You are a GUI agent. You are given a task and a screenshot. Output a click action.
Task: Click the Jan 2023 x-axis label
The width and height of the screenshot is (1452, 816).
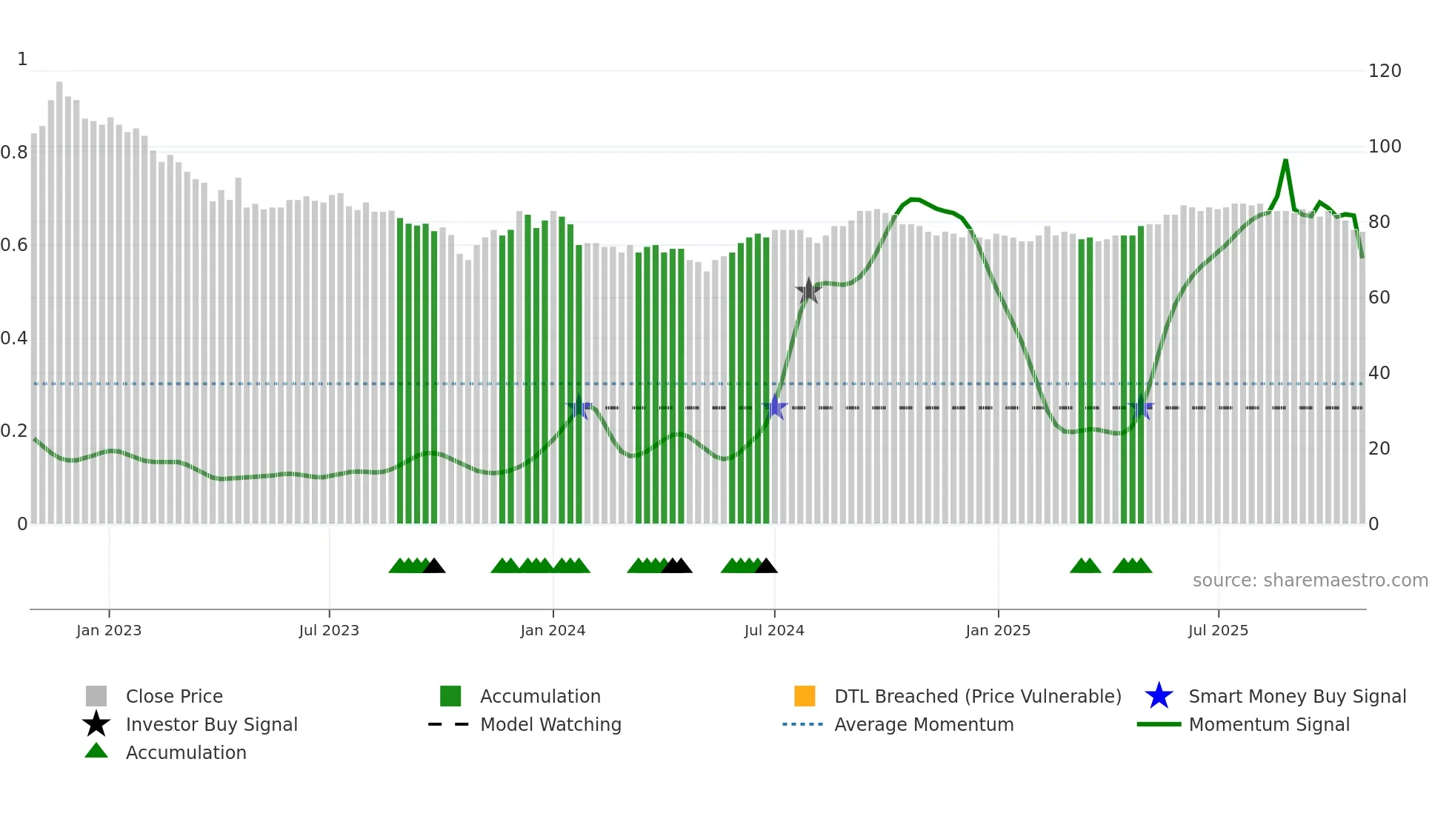(x=108, y=630)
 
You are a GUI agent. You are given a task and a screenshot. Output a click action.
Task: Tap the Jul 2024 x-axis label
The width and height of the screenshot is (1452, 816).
(x=774, y=630)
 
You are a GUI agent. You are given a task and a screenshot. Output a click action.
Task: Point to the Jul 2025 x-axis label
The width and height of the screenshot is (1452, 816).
(x=1218, y=630)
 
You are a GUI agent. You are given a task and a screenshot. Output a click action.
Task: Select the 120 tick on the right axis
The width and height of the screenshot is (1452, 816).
(x=1384, y=71)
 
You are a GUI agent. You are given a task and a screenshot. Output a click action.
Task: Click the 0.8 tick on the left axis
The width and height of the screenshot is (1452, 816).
(x=14, y=153)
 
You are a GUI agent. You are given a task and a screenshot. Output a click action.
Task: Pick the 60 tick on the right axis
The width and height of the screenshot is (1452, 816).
(x=1379, y=298)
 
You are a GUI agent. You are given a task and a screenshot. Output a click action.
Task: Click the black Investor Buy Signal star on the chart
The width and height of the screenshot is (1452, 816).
(x=808, y=291)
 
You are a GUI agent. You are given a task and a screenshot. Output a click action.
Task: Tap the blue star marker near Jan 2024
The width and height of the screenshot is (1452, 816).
(x=579, y=407)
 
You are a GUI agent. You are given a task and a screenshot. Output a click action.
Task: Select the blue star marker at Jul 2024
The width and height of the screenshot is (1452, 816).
(x=775, y=407)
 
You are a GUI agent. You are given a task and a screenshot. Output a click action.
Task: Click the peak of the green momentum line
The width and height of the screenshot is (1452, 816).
(x=1285, y=160)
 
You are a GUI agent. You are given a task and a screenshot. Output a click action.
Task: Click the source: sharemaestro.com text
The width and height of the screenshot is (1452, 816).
(x=1310, y=581)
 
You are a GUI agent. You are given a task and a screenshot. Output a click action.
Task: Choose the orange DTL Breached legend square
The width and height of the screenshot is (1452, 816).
(x=805, y=696)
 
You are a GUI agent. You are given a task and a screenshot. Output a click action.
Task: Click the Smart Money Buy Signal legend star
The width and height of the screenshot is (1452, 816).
(x=1159, y=696)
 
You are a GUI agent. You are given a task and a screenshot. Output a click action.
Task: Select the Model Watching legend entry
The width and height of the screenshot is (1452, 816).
(x=550, y=724)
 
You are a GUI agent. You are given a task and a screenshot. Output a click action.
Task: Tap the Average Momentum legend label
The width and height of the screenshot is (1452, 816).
(x=923, y=724)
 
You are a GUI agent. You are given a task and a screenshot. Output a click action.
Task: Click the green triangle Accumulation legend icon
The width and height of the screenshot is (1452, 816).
(x=96, y=751)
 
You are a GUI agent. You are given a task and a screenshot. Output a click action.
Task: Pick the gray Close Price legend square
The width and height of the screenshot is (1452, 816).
(x=96, y=696)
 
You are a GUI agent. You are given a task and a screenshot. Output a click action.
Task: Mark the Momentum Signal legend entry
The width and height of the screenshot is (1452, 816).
(x=1268, y=724)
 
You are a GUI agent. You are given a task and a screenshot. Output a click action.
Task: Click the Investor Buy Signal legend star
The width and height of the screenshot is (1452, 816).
(x=96, y=724)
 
